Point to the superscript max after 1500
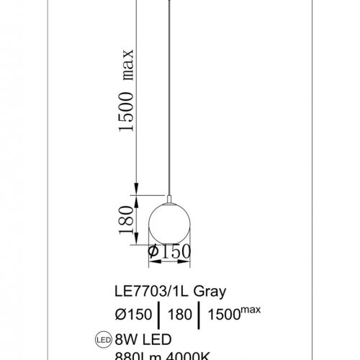click(x=251, y=310)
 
